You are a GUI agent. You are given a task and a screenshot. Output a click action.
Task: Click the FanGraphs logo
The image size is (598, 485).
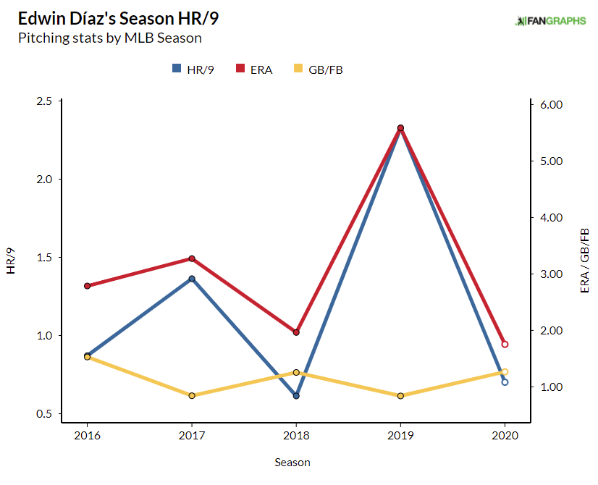pos(549,21)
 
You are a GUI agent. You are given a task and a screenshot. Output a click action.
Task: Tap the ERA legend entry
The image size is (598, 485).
pos(254,69)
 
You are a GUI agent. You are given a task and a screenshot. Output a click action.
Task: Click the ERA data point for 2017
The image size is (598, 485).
pos(192,258)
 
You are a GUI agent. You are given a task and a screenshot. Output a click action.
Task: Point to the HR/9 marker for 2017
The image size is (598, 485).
pos(192,279)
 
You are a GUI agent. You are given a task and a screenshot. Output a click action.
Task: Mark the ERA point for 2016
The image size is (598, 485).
pos(87,286)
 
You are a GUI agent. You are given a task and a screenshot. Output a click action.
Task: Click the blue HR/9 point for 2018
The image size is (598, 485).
pos(296,396)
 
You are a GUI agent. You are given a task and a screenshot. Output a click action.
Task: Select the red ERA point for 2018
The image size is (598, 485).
pos(296,332)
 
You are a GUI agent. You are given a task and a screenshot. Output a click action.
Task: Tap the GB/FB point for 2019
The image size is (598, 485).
pos(400,396)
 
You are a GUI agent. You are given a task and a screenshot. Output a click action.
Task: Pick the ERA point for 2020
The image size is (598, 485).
pos(505,345)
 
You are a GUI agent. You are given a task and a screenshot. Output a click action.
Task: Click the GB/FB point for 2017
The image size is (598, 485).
pos(192,396)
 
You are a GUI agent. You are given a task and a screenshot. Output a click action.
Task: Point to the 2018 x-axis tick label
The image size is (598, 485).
pos(296,436)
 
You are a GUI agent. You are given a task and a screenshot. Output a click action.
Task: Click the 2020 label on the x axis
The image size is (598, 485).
pos(505,436)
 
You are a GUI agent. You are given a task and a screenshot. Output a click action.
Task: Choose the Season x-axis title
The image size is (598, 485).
pos(292,462)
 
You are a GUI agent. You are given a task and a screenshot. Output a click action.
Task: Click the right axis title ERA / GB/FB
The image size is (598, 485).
pos(584,261)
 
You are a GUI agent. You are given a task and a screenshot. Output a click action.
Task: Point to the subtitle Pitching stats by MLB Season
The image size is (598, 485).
pos(109,38)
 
